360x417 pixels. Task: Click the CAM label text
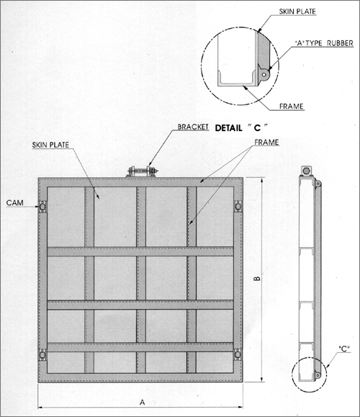[14, 202]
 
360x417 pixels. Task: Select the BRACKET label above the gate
[193, 127]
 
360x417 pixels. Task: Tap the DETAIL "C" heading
[241, 128]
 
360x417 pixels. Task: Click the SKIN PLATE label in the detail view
[297, 12]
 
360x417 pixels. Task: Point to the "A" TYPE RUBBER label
[324, 43]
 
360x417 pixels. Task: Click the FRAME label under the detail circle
[291, 107]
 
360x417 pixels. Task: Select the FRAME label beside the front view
[266, 143]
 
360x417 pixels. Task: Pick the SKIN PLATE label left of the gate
[50, 145]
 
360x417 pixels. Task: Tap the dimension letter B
[257, 278]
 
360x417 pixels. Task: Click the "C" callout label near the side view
[344, 349]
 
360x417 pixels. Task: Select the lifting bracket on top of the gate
[143, 171]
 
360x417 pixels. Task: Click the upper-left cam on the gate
[42, 207]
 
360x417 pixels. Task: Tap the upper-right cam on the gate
[238, 206]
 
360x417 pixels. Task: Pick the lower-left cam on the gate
[42, 355]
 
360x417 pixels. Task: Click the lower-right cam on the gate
[238, 355]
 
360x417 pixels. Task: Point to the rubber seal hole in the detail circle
[264, 75]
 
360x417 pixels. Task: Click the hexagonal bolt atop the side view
[306, 171]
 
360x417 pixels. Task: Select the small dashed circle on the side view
[309, 375]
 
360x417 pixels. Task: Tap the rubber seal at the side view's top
[318, 183]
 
